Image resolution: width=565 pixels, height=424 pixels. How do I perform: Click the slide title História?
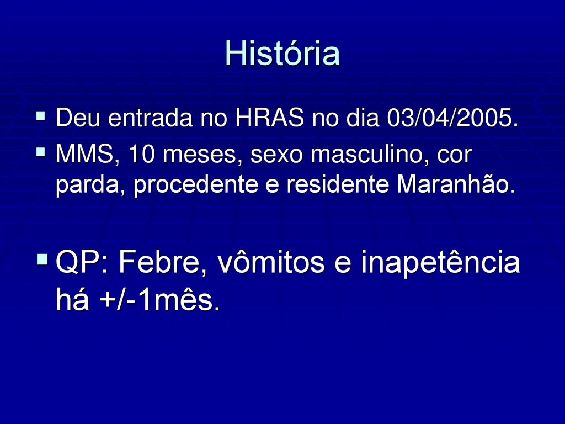[x=282, y=54]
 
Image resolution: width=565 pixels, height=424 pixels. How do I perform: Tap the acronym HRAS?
[x=269, y=118]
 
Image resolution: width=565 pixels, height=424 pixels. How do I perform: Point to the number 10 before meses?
[x=142, y=154]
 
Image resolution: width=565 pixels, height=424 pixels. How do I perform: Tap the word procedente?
[x=196, y=184]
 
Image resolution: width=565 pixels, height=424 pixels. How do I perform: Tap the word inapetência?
[x=441, y=263]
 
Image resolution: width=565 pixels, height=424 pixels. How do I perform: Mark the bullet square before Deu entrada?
[x=41, y=116]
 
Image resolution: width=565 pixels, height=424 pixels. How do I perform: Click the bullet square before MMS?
[x=41, y=152]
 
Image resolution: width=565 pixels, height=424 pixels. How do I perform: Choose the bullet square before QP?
[x=42, y=259]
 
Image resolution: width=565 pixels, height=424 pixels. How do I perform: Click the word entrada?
[x=150, y=118]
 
